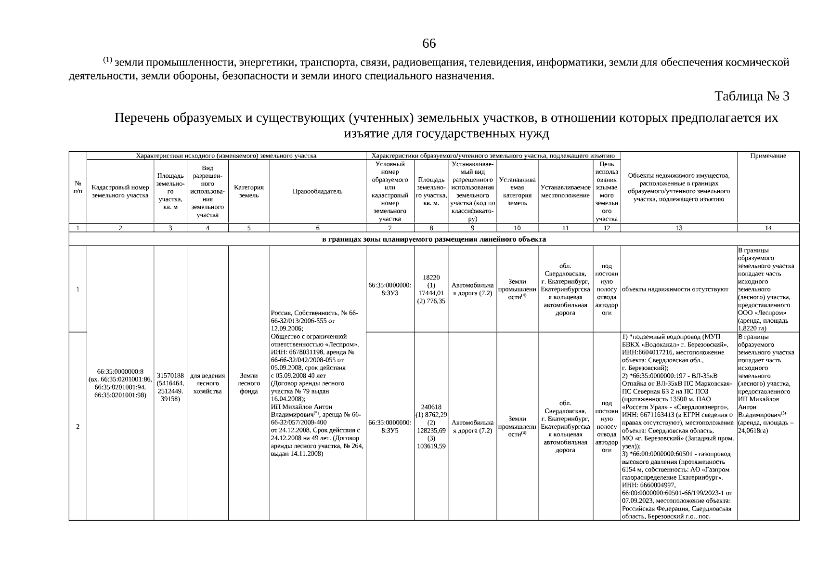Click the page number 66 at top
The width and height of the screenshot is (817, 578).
428,44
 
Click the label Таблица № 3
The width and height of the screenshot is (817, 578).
752,96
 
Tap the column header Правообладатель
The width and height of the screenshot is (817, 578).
317,191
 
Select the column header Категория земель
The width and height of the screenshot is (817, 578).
248,191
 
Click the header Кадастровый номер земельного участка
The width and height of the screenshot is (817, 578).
120,191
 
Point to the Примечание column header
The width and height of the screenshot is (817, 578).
768,156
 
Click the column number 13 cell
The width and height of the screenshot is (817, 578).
678,228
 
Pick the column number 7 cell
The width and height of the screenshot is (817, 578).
389,228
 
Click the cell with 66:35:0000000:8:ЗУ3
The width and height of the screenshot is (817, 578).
389,289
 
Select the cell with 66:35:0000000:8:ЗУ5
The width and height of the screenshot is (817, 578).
389,426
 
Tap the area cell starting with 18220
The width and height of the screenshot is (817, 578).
431,289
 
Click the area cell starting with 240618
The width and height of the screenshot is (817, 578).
431,426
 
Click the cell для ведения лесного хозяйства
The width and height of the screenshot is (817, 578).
207,383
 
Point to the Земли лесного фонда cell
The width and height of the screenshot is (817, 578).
248,383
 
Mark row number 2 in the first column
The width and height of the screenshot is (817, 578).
78,426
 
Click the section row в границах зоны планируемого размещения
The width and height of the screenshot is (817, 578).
433,239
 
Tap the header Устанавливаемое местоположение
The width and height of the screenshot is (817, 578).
565,191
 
